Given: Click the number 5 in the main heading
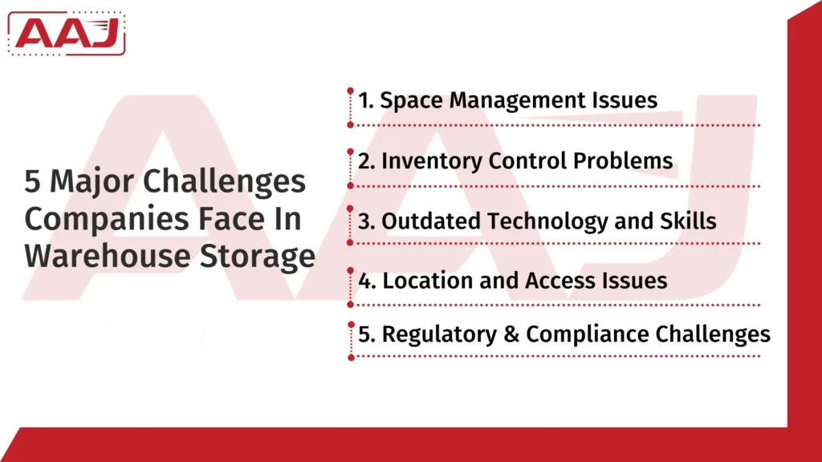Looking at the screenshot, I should click(x=32, y=183).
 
